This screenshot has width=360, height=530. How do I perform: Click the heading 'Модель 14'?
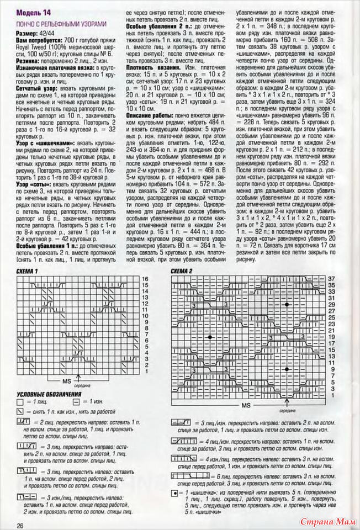pos(34,12)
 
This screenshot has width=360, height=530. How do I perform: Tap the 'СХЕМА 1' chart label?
pos(28,271)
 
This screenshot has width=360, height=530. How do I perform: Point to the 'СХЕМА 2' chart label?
pos(182,271)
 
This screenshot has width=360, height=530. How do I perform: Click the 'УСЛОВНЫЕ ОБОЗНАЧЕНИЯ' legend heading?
pos(49,395)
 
